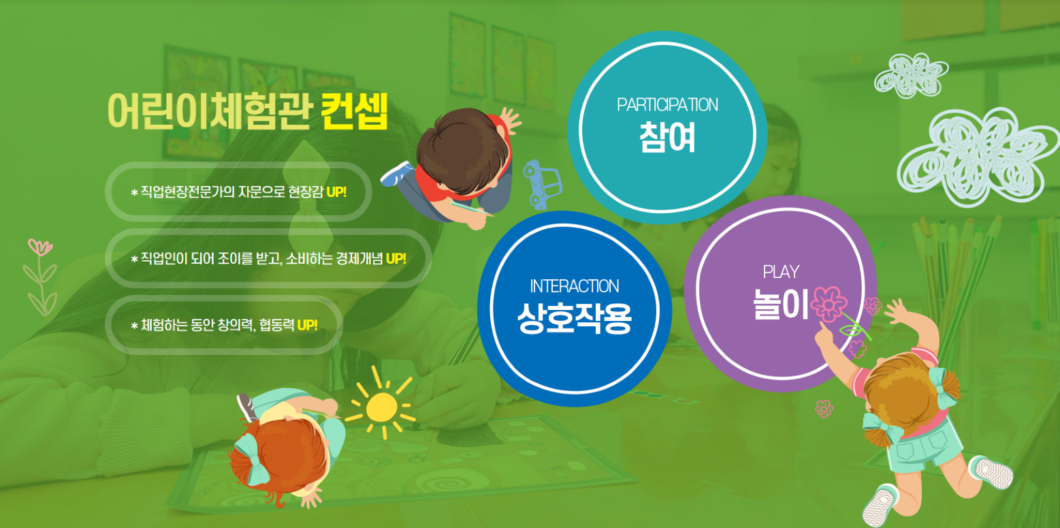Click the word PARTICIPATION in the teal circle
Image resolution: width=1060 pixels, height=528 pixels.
[667, 105]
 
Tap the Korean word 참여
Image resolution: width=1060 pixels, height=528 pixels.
[667, 138]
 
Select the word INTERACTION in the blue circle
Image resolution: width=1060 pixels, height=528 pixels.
[574, 286]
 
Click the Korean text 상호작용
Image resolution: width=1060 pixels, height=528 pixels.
[575, 318]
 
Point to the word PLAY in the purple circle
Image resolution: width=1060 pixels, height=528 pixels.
[781, 272]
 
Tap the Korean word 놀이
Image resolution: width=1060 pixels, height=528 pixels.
[780, 304]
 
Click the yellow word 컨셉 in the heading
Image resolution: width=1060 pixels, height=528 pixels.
[355, 111]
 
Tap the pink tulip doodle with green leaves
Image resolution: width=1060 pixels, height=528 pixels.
[41, 277]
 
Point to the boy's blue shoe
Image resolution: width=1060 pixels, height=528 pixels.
[396, 174]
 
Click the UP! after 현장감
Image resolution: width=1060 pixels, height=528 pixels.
[336, 192]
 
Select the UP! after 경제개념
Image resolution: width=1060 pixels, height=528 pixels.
[396, 259]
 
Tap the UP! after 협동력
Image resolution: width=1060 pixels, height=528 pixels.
[307, 325]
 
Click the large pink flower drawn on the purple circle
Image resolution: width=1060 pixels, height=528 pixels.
[829, 304]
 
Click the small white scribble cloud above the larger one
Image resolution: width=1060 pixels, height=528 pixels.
[910, 76]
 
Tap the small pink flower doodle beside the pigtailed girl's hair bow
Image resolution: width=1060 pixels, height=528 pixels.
[824, 409]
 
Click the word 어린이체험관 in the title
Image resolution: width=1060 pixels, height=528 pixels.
[210, 111]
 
